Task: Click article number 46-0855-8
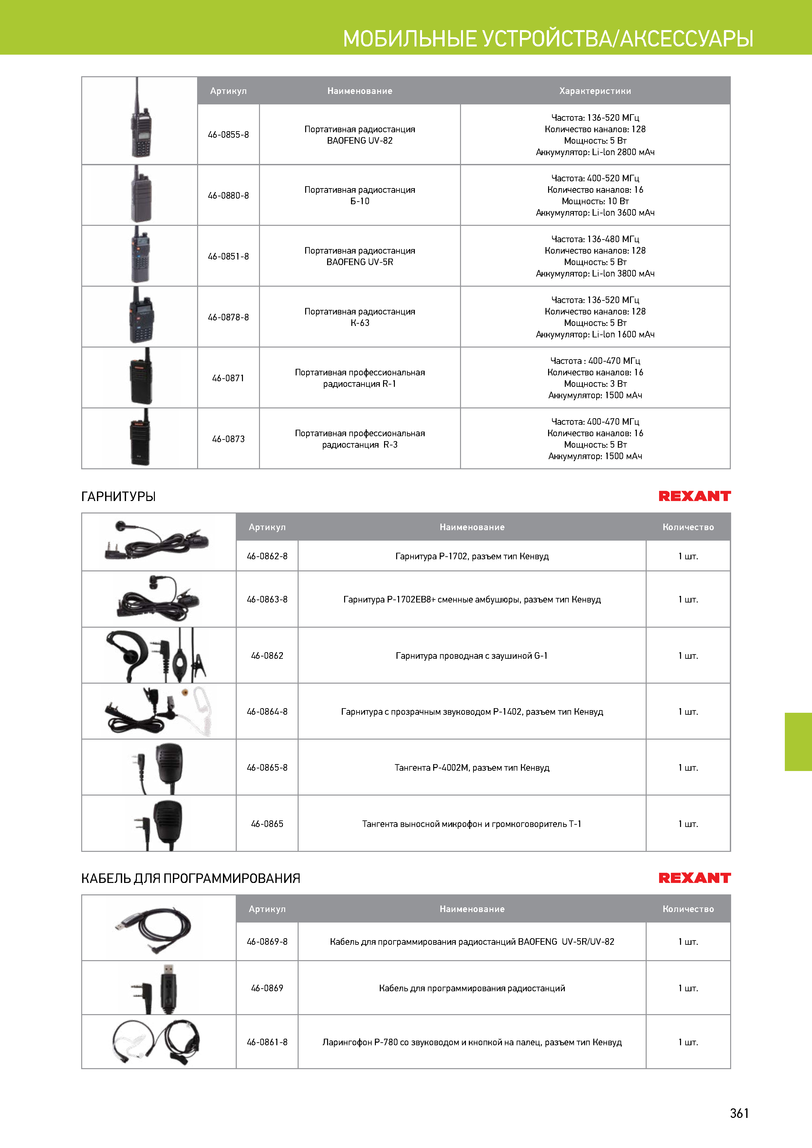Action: coord(228,135)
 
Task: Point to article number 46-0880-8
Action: coord(228,195)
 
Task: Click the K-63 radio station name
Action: coord(360,317)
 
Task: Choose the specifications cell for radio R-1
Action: coord(595,378)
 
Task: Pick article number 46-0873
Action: coord(228,439)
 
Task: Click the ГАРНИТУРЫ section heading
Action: coord(119,496)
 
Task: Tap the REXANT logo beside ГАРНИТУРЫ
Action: coord(694,496)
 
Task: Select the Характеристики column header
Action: coord(595,91)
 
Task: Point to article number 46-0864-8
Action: coord(267,711)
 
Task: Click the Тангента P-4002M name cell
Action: coord(472,767)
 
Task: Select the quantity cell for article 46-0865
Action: coord(688,823)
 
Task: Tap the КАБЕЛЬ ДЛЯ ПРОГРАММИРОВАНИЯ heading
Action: coord(191,878)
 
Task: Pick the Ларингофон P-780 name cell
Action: coord(472,1042)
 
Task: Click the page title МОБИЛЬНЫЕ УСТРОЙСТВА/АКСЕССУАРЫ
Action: coord(548,39)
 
